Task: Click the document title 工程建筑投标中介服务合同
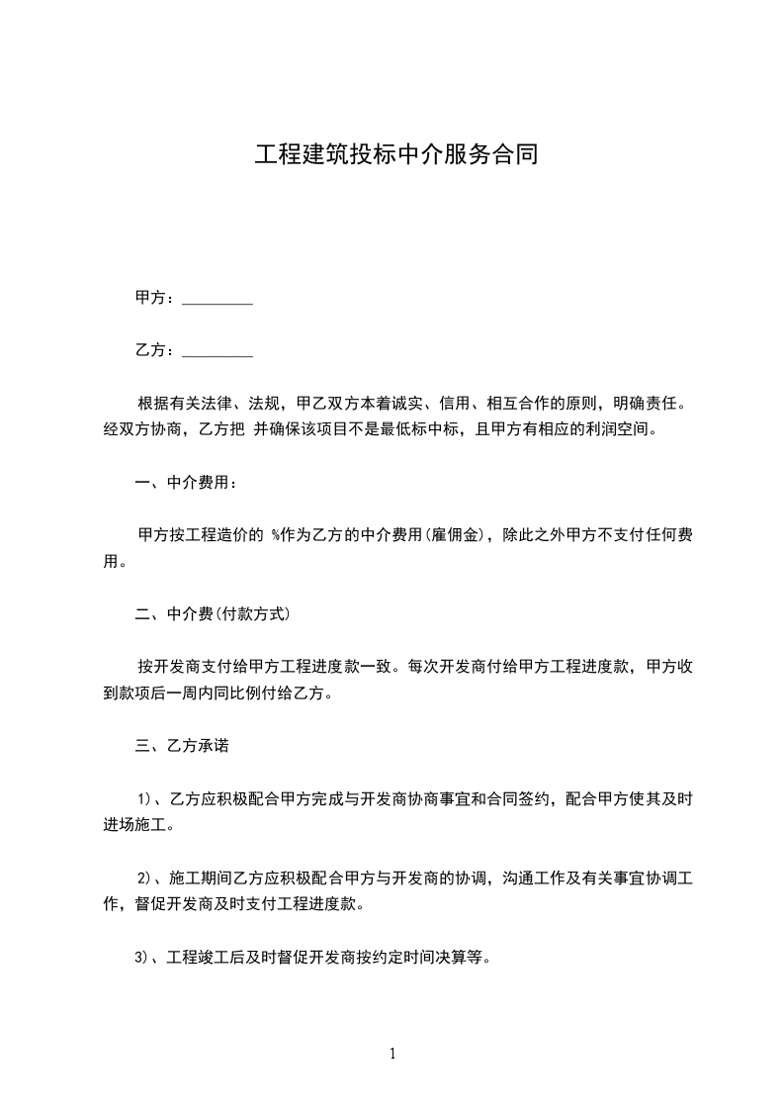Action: pos(395,155)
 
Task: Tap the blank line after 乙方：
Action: pos(218,350)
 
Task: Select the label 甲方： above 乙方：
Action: pos(155,298)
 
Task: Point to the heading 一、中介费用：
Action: pos(186,484)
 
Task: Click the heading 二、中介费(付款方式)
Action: pos(212,614)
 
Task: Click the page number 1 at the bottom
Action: pos(392,1054)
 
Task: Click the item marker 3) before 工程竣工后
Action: pos(143,958)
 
